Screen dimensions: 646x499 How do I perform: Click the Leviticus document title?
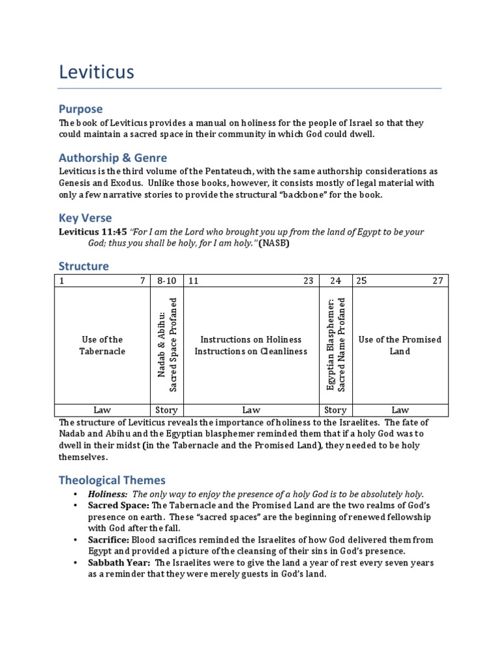[x=96, y=71]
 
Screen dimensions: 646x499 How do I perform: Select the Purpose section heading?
[x=81, y=109]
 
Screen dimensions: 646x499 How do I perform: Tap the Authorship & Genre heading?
[x=112, y=157]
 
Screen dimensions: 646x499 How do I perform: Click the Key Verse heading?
[x=85, y=218]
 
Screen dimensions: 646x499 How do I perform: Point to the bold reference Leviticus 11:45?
[x=93, y=232]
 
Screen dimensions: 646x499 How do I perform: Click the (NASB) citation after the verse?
[x=274, y=243]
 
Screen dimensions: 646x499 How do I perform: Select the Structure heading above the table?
[x=84, y=266]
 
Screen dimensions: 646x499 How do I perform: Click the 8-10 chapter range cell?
[x=167, y=281]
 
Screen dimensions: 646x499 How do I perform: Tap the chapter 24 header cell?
[x=335, y=281]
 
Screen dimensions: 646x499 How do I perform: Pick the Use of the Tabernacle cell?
[x=102, y=345]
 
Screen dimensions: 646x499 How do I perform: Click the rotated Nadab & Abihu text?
[x=167, y=344]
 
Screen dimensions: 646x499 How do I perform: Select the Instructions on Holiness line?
[x=251, y=339]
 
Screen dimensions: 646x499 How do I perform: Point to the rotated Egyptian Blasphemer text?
[x=336, y=344]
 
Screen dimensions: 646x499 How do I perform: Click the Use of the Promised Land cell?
[x=400, y=345]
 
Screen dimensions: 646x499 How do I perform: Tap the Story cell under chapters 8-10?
[x=167, y=409]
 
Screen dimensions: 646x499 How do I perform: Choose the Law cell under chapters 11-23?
[x=251, y=409]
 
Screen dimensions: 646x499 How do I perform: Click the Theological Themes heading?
[x=112, y=480]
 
